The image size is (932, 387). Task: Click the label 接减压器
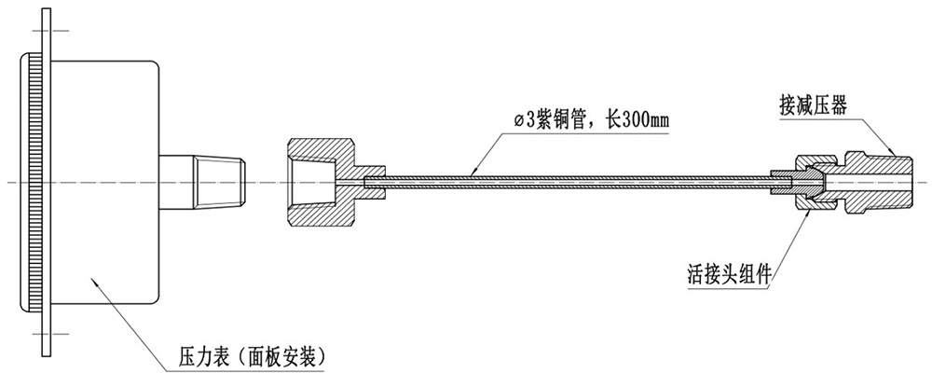(x=812, y=107)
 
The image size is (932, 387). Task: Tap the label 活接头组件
(x=730, y=276)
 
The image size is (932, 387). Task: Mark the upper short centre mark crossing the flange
(x=47, y=30)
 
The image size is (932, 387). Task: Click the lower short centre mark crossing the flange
(x=47, y=334)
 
